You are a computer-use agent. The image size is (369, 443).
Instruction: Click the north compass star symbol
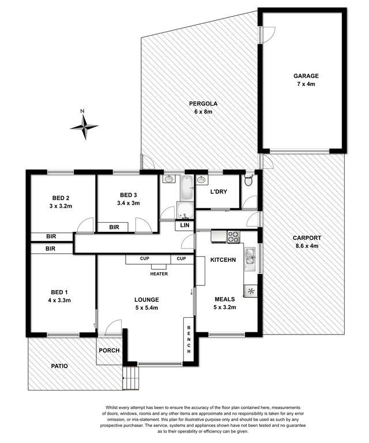[84, 127]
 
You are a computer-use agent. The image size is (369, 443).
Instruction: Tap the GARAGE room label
[306, 76]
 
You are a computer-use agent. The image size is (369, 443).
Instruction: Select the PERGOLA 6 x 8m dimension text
[204, 111]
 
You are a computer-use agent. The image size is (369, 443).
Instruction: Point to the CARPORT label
[307, 238]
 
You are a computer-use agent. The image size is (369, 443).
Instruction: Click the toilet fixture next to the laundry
[248, 180]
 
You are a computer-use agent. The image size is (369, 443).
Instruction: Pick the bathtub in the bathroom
[187, 187]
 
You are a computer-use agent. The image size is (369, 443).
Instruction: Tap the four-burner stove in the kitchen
[234, 236]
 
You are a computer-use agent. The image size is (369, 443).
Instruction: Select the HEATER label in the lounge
[159, 274]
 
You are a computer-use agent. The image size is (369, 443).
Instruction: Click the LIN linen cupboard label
[184, 226]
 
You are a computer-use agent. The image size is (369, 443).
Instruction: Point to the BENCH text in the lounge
[189, 339]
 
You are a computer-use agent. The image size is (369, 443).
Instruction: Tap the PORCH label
[109, 350]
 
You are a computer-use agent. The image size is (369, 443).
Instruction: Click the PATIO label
[59, 366]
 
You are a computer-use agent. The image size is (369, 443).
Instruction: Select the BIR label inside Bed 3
[114, 227]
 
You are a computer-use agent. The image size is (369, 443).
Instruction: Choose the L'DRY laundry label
[219, 192]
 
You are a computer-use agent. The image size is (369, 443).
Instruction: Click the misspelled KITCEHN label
[223, 260]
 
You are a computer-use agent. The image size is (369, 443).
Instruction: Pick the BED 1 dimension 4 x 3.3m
[59, 301]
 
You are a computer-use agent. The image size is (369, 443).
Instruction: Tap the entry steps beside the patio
[131, 378]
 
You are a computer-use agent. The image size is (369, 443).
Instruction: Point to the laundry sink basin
[201, 180]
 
